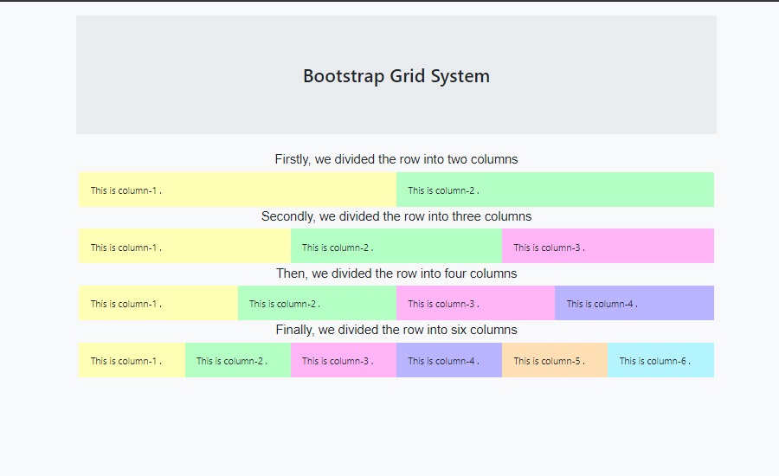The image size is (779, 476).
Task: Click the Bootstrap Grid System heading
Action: coord(396,76)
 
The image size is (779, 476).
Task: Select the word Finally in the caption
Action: coord(295,330)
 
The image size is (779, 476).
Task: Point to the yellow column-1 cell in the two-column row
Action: coord(237,190)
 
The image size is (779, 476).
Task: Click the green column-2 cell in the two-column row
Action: coord(555,190)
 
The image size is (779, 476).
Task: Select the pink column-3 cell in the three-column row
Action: coord(608,247)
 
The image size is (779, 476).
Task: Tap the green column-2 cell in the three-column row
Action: coord(396,247)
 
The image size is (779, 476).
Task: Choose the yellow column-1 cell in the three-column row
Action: coord(184,247)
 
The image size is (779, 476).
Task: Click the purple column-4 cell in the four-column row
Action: coord(634,303)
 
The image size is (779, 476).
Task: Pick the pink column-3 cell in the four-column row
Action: coord(475,303)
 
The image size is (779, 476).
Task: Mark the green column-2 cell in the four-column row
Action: coord(317,303)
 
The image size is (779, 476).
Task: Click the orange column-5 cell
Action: coord(555,360)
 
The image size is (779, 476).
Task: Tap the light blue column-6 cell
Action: coord(660,360)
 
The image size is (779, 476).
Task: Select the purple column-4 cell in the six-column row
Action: coord(449,360)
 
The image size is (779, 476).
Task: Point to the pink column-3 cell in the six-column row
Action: coord(344,360)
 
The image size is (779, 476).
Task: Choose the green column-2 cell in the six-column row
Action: coord(238,360)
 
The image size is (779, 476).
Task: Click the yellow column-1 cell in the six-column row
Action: coord(132,360)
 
